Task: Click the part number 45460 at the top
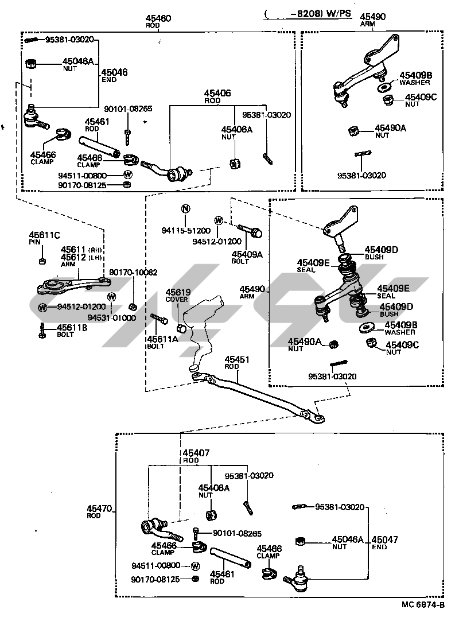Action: (158, 19)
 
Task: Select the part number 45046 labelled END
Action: (114, 72)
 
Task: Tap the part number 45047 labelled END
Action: (384, 540)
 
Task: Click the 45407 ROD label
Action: (196, 453)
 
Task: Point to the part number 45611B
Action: (72, 328)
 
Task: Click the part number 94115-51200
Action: (186, 231)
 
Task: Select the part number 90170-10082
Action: (133, 272)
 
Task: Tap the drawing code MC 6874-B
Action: (423, 606)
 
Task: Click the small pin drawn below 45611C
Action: (42, 262)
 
